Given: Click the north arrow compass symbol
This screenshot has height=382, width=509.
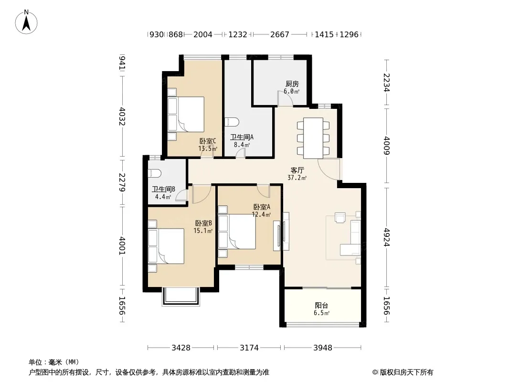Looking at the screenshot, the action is (x=26, y=22).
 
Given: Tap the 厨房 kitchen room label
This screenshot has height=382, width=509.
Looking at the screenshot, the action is (x=292, y=84).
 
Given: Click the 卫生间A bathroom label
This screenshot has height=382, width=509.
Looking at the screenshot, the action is (x=242, y=138).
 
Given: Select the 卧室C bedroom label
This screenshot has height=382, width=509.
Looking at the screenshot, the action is (x=208, y=141).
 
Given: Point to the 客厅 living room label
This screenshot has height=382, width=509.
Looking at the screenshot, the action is (x=297, y=170).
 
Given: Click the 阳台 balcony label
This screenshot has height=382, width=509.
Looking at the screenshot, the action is (x=321, y=306).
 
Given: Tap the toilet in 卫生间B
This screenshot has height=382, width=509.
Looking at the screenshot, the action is (x=155, y=173).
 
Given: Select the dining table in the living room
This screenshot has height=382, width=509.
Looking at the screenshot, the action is (x=313, y=138).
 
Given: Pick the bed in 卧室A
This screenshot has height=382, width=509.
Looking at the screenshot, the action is (x=237, y=232).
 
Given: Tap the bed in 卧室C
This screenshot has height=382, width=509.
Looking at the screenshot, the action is (x=186, y=114).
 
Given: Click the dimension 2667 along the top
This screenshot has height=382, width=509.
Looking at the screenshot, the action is (x=279, y=34).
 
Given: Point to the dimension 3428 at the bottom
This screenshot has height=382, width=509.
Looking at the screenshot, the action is (x=181, y=348).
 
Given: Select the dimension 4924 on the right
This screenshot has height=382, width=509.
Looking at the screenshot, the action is (x=386, y=237).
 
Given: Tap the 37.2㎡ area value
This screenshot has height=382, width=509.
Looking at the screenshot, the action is (x=297, y=178).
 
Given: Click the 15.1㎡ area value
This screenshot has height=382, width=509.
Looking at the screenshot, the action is (x=203, y=231).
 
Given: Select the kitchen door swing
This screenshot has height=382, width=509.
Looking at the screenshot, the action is (x=286, y=98).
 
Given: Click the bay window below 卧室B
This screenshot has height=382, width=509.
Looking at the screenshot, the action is (x=181, y=297).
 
